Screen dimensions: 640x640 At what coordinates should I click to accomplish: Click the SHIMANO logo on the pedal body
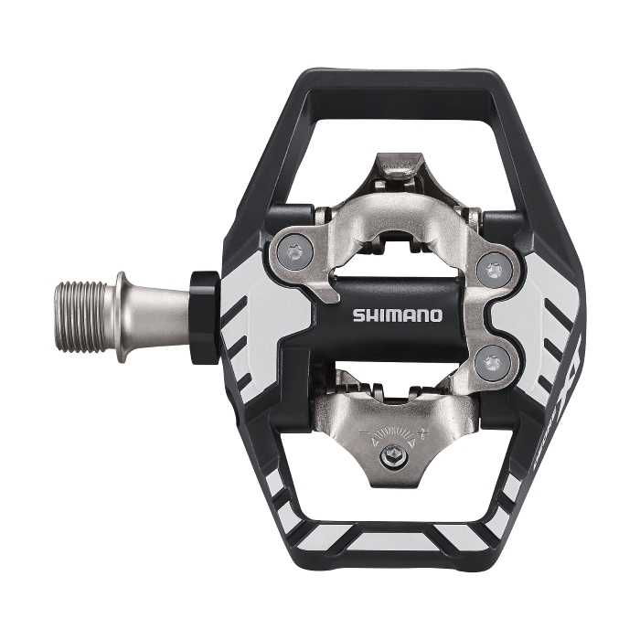tap(398, 315)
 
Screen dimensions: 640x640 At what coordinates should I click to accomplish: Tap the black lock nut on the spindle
tap(206, 315)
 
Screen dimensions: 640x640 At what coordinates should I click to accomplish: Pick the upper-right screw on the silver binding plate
tap(494, 270)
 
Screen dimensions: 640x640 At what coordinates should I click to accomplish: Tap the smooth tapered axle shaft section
tap(155, 306)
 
